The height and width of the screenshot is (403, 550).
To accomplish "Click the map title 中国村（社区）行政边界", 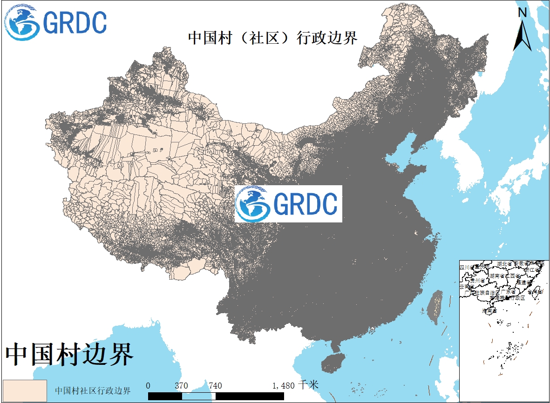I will tap(272, 38).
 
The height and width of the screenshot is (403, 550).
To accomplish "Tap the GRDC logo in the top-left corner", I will tap(56, 22).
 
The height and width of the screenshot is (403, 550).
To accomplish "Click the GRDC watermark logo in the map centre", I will tap(288, 204).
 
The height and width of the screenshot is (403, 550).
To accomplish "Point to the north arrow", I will tap(523, 35).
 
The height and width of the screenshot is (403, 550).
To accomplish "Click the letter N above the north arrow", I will tap(523, 13).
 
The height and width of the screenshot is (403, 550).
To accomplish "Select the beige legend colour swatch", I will tap(25, 390).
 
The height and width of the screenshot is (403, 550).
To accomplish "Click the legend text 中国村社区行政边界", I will tap(93, 390).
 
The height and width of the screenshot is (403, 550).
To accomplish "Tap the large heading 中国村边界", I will tap(70, 355).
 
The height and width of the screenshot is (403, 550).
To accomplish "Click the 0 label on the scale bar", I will tap(148, 386).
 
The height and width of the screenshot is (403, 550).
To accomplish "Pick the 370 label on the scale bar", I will tap(181, 386).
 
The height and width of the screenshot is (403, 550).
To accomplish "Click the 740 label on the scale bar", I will tap(215, 386).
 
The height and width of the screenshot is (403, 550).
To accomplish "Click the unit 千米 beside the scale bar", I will tap(309, 385).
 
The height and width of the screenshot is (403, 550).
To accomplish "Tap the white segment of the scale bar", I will tap(198, 396).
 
